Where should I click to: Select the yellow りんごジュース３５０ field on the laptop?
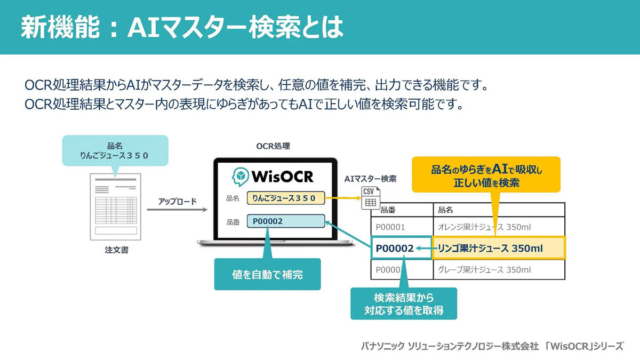click(x=285, y=198)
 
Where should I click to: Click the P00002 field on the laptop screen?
click(x=285, y=221)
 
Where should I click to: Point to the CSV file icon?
click(x=369, y=197)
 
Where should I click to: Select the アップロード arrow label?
click(x=177, y=202)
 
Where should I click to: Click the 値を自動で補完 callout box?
click(x=267, y=275)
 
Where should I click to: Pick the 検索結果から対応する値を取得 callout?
click(x=404, y=303)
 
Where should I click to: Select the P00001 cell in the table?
click(x=390, y=227)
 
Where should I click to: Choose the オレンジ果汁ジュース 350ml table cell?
click(x=484, y=227)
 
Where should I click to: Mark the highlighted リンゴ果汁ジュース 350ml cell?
click(x=498, y=248)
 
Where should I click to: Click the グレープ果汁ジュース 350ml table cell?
click(x=484, y=269)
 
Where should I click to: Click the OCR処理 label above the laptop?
click(x=273, y=146)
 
